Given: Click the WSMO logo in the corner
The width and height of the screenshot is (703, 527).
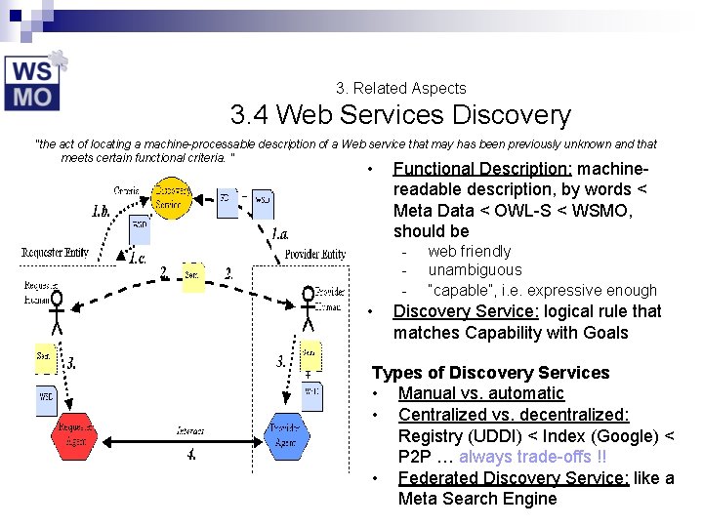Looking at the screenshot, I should point(34,82).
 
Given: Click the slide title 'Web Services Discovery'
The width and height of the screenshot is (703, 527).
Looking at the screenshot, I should point(400,115).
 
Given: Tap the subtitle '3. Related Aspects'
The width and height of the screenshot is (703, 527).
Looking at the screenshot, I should point(400,88).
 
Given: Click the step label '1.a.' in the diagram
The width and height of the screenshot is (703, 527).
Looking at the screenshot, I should point(280,234).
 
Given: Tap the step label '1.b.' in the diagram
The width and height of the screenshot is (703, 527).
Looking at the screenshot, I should point(102,210).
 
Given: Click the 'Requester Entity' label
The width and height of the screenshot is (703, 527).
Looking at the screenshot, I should point(55,253).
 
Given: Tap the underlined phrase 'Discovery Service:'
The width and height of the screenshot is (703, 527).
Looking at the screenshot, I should point(466,311).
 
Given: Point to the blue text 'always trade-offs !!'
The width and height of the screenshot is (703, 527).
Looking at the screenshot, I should point(532,457).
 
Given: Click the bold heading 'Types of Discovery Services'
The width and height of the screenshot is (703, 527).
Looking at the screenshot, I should point(490,373).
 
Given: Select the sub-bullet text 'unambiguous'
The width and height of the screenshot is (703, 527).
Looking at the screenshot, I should point(475,270).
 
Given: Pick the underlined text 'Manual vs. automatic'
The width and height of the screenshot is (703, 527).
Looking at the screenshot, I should point(480,393).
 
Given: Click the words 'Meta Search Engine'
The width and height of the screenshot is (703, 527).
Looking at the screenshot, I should point(477,499).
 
